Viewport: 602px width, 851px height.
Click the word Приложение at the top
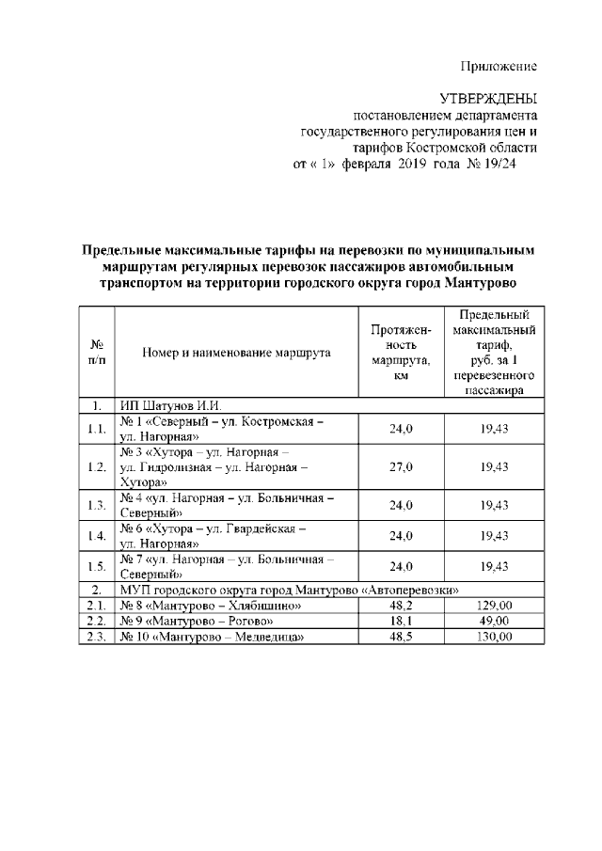tap(499, 66)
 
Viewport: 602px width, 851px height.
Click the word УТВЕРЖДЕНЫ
tap(489, 99)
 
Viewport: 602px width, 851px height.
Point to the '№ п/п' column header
tap(96, 353)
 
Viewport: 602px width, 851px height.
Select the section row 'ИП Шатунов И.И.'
tap(168, 406)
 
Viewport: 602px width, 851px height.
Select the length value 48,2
tap(401, 607)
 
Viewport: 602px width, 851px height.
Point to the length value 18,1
tap(401, 622)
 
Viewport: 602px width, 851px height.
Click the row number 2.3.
tap(96, 637)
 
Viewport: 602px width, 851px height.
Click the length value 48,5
tap(401, 637)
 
